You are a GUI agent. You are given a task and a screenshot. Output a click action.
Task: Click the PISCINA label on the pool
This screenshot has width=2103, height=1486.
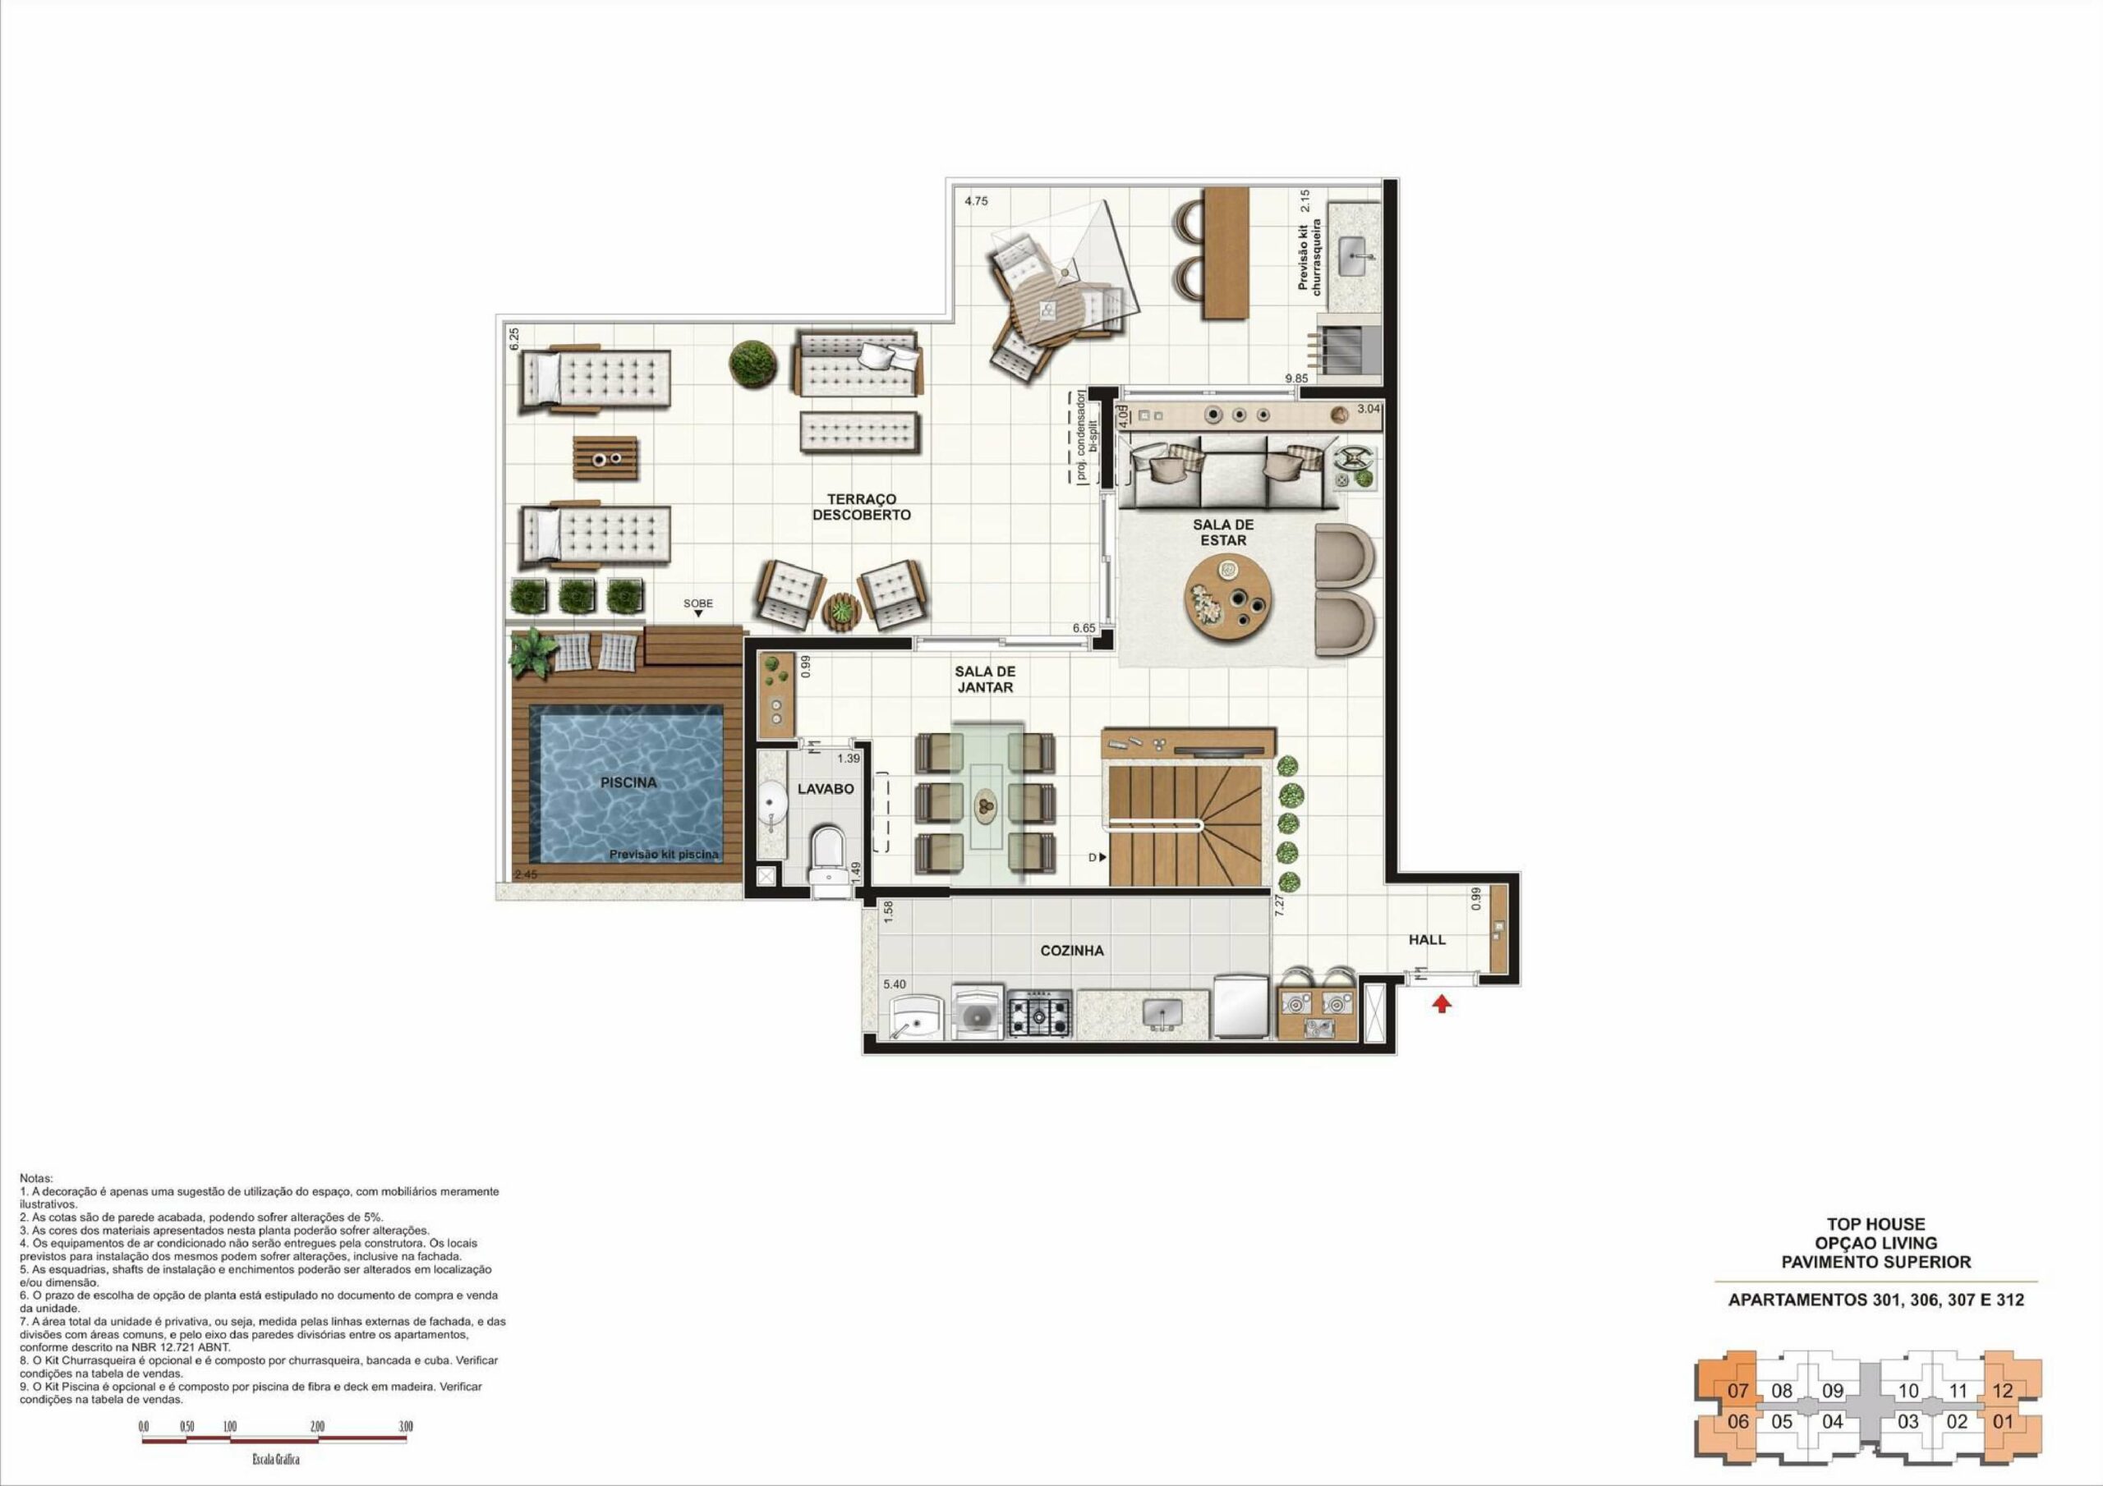628,783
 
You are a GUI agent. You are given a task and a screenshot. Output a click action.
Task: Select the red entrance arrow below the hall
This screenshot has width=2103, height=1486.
1442,1004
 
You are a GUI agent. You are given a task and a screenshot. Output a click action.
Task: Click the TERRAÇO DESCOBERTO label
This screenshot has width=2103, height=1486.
862,507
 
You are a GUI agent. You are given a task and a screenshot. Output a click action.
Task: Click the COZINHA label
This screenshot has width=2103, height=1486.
1072,951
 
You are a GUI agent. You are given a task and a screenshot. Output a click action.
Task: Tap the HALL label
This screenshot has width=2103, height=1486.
1427,939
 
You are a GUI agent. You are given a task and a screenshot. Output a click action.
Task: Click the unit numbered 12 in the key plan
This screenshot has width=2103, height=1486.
2002,1391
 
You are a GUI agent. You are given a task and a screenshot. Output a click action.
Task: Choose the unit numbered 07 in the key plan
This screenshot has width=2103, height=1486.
1737,1391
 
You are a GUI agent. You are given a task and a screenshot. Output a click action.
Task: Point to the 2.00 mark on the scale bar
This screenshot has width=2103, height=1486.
317,1427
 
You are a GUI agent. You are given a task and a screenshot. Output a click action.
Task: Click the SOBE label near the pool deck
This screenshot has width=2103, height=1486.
698,603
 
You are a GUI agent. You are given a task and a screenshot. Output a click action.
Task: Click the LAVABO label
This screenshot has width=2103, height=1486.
826,788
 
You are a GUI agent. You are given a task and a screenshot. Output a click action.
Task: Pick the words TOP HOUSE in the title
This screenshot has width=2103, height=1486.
1875,1224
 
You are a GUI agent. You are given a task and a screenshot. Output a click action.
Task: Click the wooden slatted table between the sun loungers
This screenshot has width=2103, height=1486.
605,458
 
